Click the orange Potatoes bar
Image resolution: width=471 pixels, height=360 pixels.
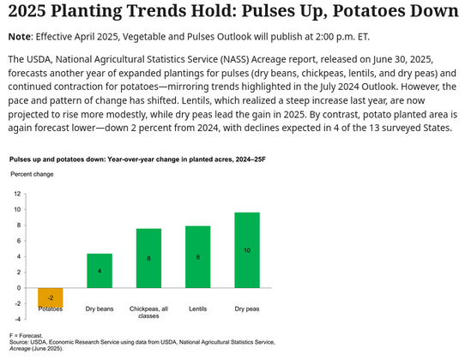[x=50, y=298]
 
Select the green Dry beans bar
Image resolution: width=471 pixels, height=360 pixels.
[x=100, y=271]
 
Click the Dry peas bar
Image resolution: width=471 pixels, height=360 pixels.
[x=246, y=250]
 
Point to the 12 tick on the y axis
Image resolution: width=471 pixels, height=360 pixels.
[x=18, y=194]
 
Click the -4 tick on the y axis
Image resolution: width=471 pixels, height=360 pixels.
[x=18, y=319]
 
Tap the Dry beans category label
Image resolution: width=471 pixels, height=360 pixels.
[x=100, y=307]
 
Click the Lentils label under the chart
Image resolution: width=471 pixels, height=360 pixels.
[x=197, y=307]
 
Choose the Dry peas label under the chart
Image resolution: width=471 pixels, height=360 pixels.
[x=246, y=307]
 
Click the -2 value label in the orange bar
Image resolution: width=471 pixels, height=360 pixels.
[x=50, y=298]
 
